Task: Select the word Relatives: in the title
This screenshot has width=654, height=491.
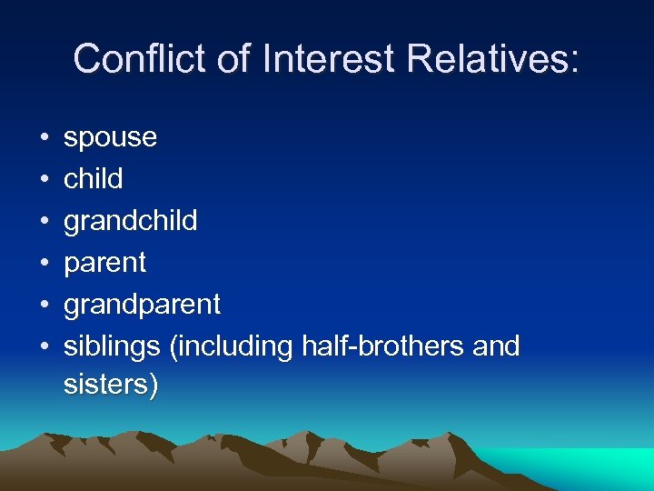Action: point(492,59)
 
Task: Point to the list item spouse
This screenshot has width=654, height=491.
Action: point(110,138)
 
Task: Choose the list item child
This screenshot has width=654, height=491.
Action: point(93,179)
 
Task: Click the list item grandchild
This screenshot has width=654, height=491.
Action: point(130,221)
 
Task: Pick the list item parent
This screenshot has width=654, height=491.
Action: point(104,263)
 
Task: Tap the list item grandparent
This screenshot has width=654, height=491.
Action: point(142,305)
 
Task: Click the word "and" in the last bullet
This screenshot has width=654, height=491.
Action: point(496,346)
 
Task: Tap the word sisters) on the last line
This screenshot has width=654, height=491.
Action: point(111,385)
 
